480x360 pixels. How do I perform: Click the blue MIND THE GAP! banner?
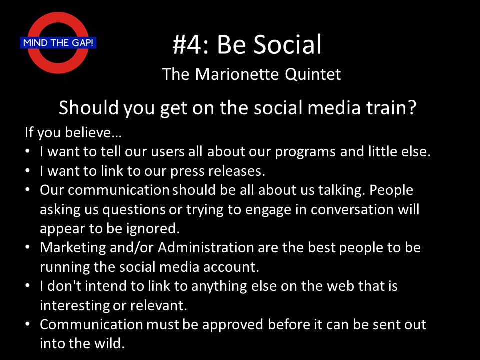(x=58, y=43)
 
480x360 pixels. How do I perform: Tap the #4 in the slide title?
(x=186, y=44)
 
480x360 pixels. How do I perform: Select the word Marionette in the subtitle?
(x=237, y=74)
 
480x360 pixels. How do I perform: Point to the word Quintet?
(x=313, y=75)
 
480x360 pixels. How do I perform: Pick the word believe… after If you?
(x=93, y=132)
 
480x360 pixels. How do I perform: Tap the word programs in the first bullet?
(x=305, y=152)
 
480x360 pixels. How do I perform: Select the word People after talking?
(x=391, y=190)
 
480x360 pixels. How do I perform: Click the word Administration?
(x=206, y=247)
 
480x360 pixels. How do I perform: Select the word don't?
(x=64, y=286)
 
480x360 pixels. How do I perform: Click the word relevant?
(x=159, y=305)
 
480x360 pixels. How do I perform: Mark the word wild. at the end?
(x=109, y=343)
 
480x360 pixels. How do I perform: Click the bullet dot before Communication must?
(x=28, y=324)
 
